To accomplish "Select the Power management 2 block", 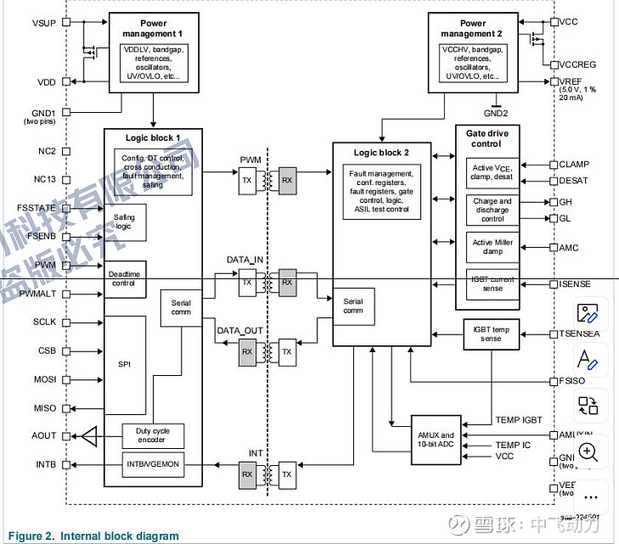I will (x=473, y=51).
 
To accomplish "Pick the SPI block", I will (x=125, y=364).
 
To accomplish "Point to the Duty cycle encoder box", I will (x=154, y=435).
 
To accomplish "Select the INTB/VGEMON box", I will (x=154, y=465).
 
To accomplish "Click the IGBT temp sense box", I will (x=491, y=334).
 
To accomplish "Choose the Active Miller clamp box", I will (x=493, y=248).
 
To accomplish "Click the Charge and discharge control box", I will (x=493, y=210).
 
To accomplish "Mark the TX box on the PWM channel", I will (x=246, y=182).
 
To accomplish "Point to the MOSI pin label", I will (x=45, y=379).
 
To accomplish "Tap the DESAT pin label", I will (x=573, y=181).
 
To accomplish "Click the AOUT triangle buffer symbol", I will (x=88, y=436).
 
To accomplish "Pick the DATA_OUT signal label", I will (x=239, y=330).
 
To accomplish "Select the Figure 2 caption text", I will (x=93, y=536).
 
